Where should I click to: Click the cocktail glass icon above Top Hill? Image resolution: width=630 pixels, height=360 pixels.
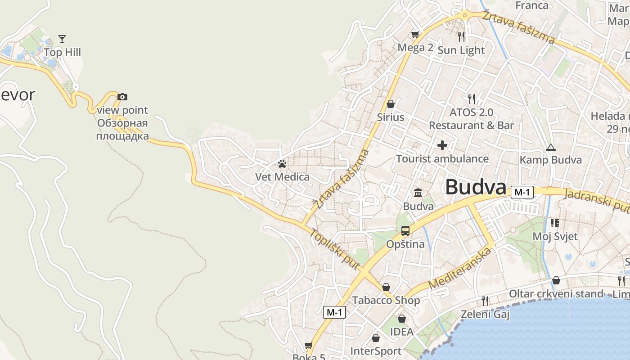pyautogui.click(x=62, y=39)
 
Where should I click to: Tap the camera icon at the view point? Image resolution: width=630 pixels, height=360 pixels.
pyautogui.click(x=122, y=97)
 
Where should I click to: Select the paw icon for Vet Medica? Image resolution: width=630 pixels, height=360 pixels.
pyautogui.click(x=282, y=164)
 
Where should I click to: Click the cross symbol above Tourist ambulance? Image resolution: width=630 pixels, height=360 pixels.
pyautogui.click(x=442, y=145)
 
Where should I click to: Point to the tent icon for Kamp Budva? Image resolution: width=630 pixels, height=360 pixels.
pyautogui.click(x=550, y=147)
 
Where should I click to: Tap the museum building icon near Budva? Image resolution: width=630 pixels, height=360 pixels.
pyautogui.click(x=418, y=193)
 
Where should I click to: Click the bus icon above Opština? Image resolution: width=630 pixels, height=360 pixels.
pyautogui.click(x=405, y=231)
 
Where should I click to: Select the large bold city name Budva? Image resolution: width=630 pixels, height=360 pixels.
pyautogui.click(x=476, y=187)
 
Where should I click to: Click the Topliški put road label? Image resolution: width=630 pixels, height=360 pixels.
pyautogui.click(x=335, y=250)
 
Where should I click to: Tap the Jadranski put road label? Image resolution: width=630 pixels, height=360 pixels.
pyautogui.click(x=596, y=200)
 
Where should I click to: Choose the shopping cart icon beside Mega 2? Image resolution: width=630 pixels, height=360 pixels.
pyautogui.click(x=415, y=34)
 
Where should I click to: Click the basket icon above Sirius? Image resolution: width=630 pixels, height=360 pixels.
pyautogui.click(x=391, y=104)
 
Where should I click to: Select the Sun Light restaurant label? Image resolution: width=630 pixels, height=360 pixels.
pyautogui.click(x=461, y=50)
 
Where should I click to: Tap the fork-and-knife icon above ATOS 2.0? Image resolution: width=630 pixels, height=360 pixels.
pyautogui.click(x=471, y=99)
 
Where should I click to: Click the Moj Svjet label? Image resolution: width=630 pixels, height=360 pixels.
pyautogui.click(x=555, y=236)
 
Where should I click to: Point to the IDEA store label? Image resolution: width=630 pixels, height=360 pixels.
pyautogui.click(x=401, y=332)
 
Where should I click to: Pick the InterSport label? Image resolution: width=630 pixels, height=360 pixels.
pyautogui.click(x=376, y=351)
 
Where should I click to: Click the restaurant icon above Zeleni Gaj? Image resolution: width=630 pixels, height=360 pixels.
pyautogui.click(x=485, y=300)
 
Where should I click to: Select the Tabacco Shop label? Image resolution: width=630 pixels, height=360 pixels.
pyautogui.click(x=386, y=300)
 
